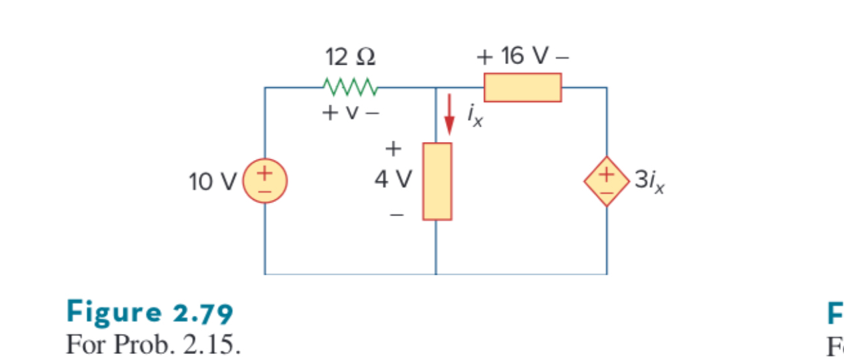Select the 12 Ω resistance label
tap(350, 58)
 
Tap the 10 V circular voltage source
tap(265, 181)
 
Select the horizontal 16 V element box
tap(523, 87)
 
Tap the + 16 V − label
tap(523, 57)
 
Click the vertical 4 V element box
tap(437, 181)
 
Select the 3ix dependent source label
tap(649, 181)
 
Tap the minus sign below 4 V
tap(396, 215)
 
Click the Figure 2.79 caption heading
tap(149, 312)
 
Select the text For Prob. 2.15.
tap(153, 345)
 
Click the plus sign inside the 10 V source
tap(265, 173)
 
